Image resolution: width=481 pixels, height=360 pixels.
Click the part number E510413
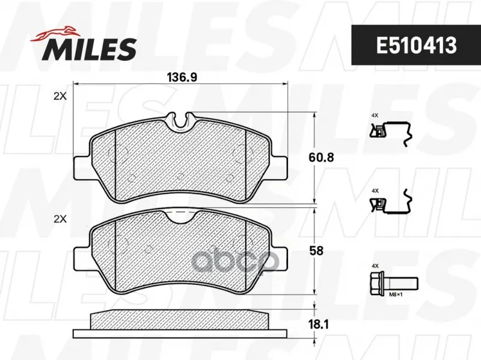coord(416,46)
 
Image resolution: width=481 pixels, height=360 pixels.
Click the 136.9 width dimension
coord(182,78)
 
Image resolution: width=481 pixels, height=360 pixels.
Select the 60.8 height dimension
coord(321,157)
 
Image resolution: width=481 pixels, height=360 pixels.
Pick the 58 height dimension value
coord(316,251)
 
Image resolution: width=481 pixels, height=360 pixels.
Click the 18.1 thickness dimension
coord(319,325)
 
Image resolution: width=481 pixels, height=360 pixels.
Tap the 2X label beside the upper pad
coord(60,96)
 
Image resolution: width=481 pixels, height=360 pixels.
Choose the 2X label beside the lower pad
coord(60,219)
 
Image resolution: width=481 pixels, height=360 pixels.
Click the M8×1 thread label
coord(396,294)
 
